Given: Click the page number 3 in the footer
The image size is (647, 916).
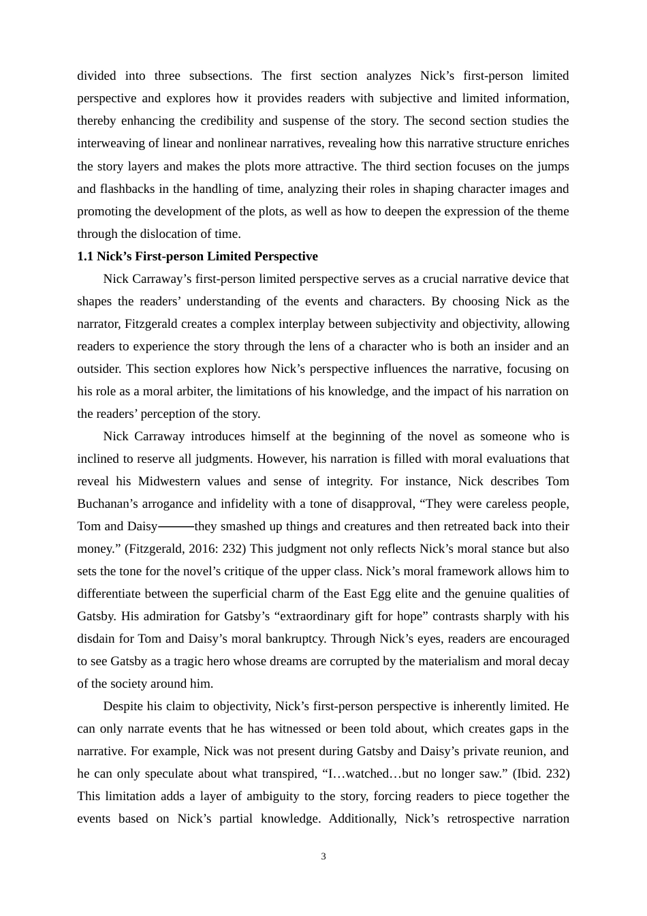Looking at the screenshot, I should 323,857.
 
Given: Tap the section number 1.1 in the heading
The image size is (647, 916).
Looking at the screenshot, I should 84,256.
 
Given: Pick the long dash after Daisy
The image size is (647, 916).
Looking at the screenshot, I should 176,526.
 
